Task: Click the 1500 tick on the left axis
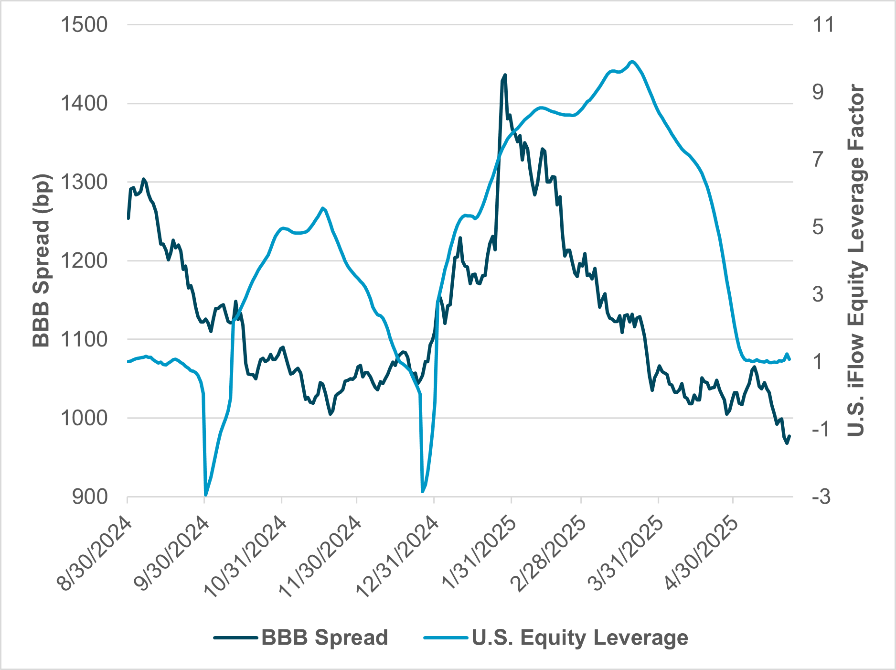[84, 25]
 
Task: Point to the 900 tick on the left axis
[90, 497]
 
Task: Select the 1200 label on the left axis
[84, 261]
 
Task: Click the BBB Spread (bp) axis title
[42, 261]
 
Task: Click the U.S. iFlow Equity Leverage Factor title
[856, 261]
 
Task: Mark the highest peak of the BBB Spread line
[505, 75]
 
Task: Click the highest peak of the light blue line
[632, 61]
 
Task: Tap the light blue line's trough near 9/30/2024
[206, 495]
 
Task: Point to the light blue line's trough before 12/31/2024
[422, 491]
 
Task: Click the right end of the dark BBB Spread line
[789, 436]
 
